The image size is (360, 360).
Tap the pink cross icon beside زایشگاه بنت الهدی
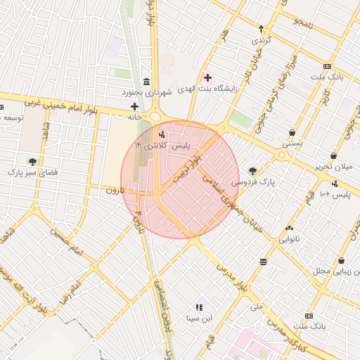click(x=207, y=77)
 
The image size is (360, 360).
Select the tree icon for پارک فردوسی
click(x=252, y=169)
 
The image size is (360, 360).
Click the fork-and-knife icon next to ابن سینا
click(x=200, y=307)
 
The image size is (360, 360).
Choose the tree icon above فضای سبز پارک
click(x=32, y=162)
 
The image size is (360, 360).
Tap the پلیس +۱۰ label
click(x=335, y=193)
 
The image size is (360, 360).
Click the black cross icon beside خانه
click(x=134, y=106)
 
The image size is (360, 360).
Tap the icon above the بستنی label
click(x=292, y=132)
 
